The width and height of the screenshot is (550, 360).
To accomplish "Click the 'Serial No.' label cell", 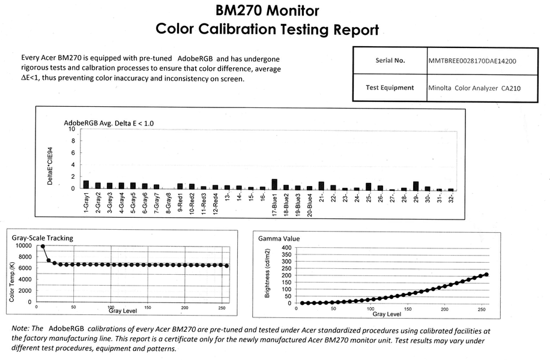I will pyautogui.click(x=390, y=61).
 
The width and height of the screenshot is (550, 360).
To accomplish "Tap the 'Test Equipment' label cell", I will pyautogui.click(x=390, y=88).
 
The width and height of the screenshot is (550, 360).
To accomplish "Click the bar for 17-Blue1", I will pyautogui.click(x=274, y=184).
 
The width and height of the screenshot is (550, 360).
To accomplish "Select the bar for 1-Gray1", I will pyautogui.click(x=86, y=185).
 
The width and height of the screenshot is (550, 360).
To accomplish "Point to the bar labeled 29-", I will pyautogui.click(x=416, y=185).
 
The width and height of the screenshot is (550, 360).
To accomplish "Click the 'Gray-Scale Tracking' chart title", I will pyautogui.click(x=43, y=238).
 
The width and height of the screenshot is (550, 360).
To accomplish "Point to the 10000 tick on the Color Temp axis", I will pyautogui.click(x=23, y=245).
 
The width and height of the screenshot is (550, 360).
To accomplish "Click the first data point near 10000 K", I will pyautogui.click(x=43, y=246).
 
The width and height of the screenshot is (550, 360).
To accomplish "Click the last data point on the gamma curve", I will pyautogui.click(x=486, y=274).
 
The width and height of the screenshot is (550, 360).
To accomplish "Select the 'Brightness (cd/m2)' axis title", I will pyautogui.click(x=267, y=275).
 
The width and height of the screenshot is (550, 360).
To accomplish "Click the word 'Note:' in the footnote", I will pyautogui.click(x=21, y=328).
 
